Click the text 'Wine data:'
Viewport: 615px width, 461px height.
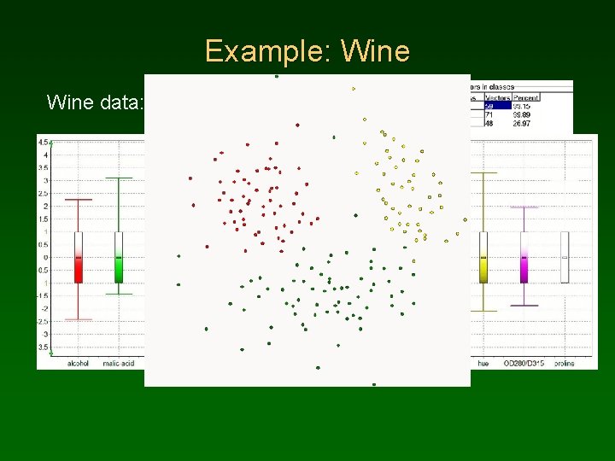point(95,103)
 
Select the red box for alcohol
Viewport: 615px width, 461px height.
point(79,257)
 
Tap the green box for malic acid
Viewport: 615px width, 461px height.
point(119,257)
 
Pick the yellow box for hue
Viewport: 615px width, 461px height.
point(483,257)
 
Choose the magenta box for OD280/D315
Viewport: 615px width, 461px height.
point(524,257)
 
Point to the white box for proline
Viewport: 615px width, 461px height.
point(565,257)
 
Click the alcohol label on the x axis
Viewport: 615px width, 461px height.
point(78,363)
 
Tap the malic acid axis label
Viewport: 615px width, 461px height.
point(119,363)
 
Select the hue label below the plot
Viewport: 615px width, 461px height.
point(483,363)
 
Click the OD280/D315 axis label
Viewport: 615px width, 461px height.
point(524,363)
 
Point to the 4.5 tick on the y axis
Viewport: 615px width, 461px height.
point(43,143)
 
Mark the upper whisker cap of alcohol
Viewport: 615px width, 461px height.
point(79,200)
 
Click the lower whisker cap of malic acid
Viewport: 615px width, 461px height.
point(119,294)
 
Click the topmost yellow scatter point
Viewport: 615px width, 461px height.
point(354,88)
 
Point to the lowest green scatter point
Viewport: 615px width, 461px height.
point(373,384)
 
